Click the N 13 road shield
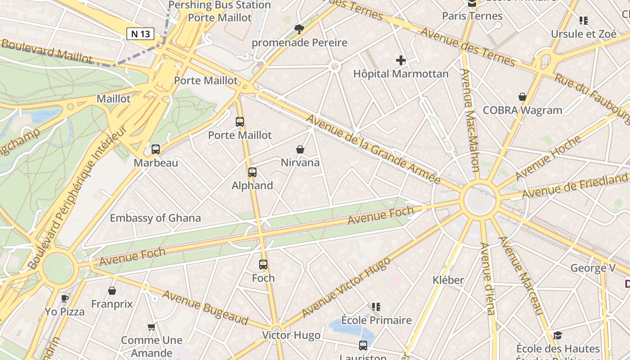tap(140, 34)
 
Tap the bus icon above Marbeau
tap(156, 149)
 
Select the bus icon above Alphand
tap(252, 172)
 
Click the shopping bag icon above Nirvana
tap(300, 149)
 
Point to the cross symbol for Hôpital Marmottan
tap(400, 60)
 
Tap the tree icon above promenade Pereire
tap(299, 30)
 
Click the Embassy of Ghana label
tap(155, 218)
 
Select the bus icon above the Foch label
tap(263, 265)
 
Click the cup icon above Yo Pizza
tap(65, 298)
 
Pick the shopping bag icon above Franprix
tap(112, 291)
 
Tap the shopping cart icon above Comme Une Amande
tap(152, 327)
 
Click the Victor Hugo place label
tap(291, 335)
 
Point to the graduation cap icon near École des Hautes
tap(558, 335)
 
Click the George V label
tap(593, 268)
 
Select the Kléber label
tap(448, 280)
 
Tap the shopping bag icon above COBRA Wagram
tap(522, 97)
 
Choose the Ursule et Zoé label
tap(584, 34)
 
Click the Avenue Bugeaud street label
tap(205, 307)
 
